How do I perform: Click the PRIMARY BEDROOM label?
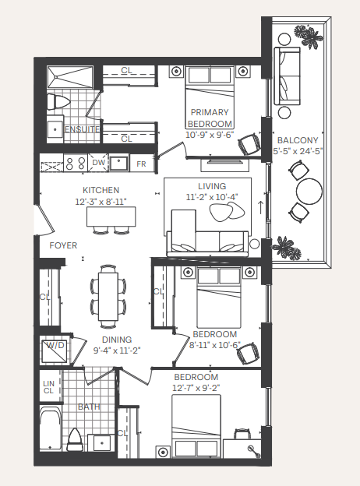[210, 118]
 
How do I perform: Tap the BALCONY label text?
[297, 140]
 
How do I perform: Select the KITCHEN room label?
[101, 190]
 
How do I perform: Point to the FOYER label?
[63, 245]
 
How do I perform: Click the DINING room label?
[116, 340]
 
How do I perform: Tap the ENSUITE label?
[81, 129]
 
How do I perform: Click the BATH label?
[88, 407]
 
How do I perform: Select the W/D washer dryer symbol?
[55, 347]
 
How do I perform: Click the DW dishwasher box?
[98, 164]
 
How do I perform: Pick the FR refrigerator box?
[141, 164]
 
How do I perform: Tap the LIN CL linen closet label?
[49, 387]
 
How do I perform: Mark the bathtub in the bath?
[50, 431]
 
